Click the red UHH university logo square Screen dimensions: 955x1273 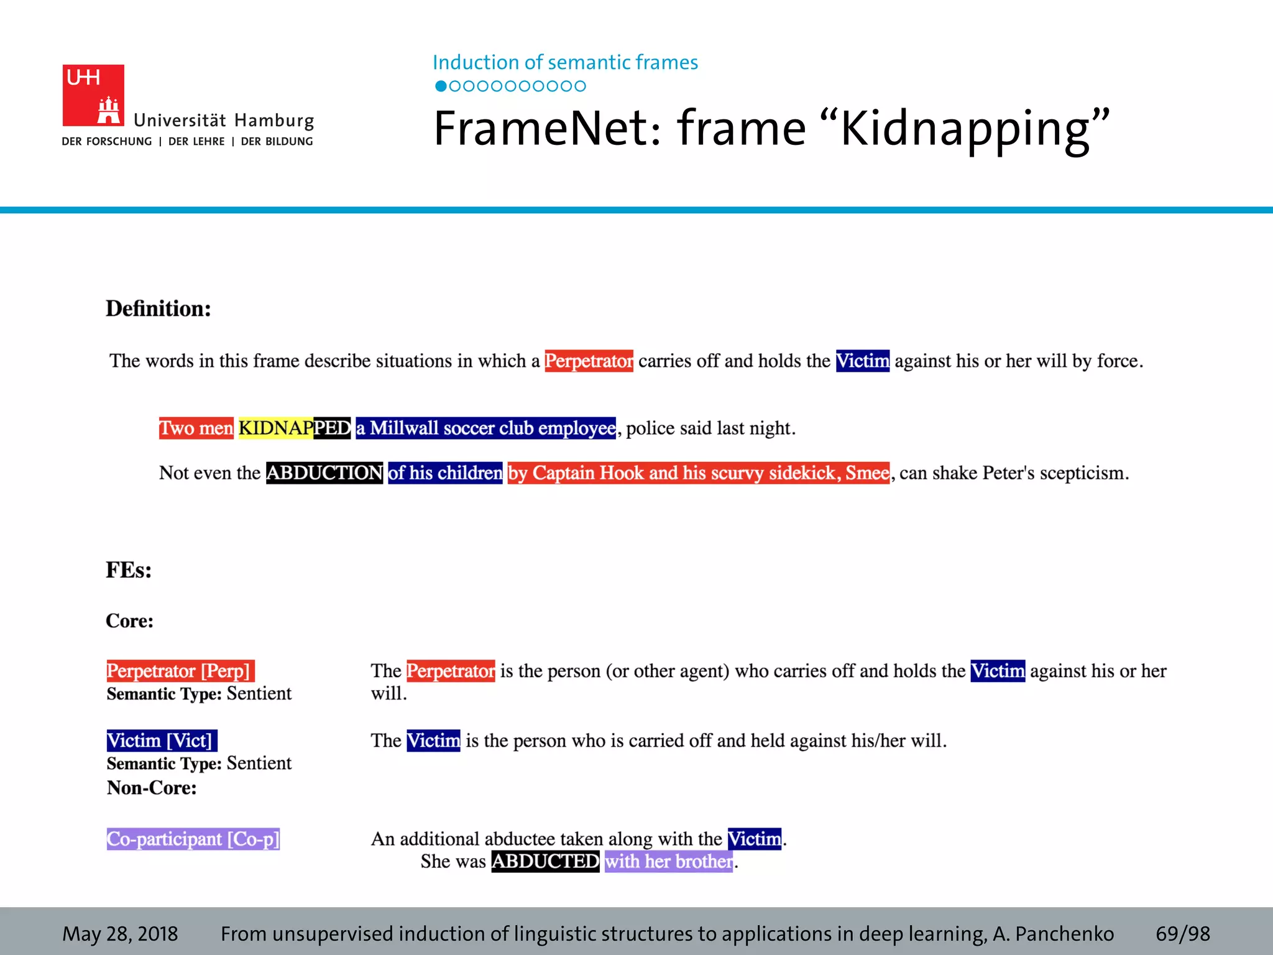point(93,95)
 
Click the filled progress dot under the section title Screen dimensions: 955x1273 point(441,86)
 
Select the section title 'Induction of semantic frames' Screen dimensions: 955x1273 point(565,62)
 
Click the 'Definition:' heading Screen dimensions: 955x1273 point(159,308)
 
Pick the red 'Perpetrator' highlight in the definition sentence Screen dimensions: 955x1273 point(589,361)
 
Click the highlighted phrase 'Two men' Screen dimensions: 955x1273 point(196,428)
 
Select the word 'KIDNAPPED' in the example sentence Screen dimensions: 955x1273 point(295,428)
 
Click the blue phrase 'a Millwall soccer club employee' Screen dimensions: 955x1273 point(485,428)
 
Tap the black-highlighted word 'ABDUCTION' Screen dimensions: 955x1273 point(324,473)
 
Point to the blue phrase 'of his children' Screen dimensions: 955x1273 point(445,473)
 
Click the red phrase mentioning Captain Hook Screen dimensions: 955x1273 point(698,473)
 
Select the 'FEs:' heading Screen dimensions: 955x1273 point(129,570)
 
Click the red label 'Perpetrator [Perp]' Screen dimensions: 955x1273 point(180,671)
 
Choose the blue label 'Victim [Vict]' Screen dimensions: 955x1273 point(162,740)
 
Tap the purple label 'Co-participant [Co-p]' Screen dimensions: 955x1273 point(193,839)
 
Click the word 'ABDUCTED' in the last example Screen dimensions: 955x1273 point(545,861)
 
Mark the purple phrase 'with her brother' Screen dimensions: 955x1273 point(669,861)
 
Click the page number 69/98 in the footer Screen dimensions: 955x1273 point(1183,933)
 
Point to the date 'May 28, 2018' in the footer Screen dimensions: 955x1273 point(120,933)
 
